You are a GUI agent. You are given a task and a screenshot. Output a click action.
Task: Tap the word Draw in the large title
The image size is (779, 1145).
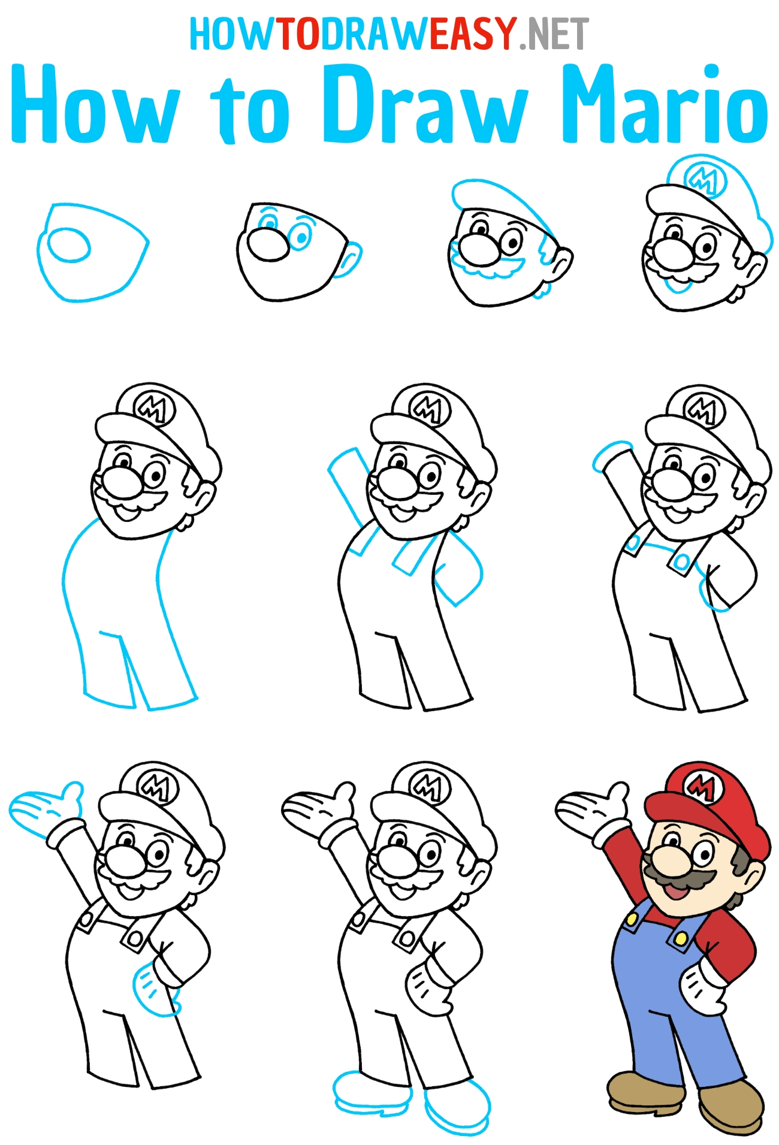[x=425, y=104]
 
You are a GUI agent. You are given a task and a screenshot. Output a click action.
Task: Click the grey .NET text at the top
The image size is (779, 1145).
[x=554, y=34]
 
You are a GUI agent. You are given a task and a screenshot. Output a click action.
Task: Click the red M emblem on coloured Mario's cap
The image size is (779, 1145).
[x=701, y=786]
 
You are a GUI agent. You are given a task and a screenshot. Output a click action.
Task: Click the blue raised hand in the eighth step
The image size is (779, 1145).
[x=46, y=806]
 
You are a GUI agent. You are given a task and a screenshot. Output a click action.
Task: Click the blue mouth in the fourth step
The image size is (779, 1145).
[x=677, y=286]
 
